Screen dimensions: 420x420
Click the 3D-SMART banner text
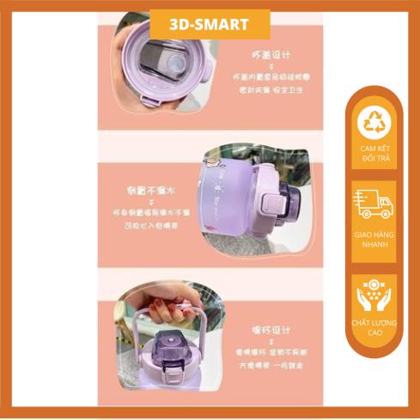click(x=210, y=24)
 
